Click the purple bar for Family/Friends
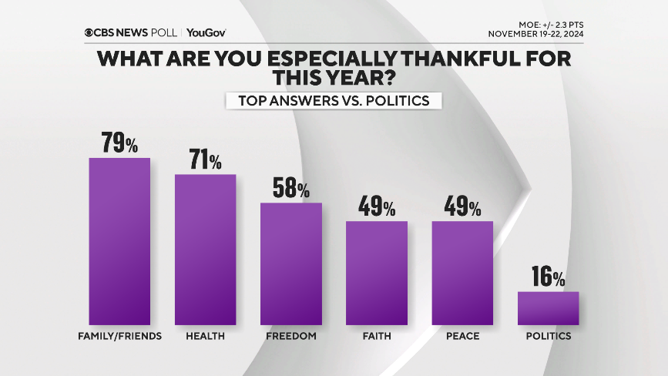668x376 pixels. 119,240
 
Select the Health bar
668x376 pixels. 205,249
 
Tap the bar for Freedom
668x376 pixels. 290,263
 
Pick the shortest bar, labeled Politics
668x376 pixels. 548,307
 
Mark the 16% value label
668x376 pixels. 548,277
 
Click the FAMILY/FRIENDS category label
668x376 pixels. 119,337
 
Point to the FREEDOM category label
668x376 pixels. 290,337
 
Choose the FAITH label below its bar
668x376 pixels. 377,337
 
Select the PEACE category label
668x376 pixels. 462,337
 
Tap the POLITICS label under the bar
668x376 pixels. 548,337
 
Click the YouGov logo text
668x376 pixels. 206,32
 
